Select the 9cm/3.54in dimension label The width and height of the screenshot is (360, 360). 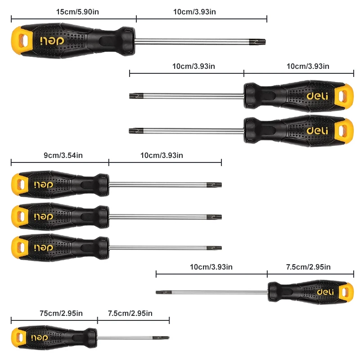[63, 155]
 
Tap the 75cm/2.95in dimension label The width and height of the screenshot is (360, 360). [60, 313]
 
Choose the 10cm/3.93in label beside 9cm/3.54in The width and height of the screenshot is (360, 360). [162, 155]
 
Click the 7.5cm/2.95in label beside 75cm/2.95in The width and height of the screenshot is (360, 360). [130, 313]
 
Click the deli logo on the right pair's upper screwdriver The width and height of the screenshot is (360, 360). [317, 96]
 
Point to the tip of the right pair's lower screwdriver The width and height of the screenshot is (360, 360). [134, 131]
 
